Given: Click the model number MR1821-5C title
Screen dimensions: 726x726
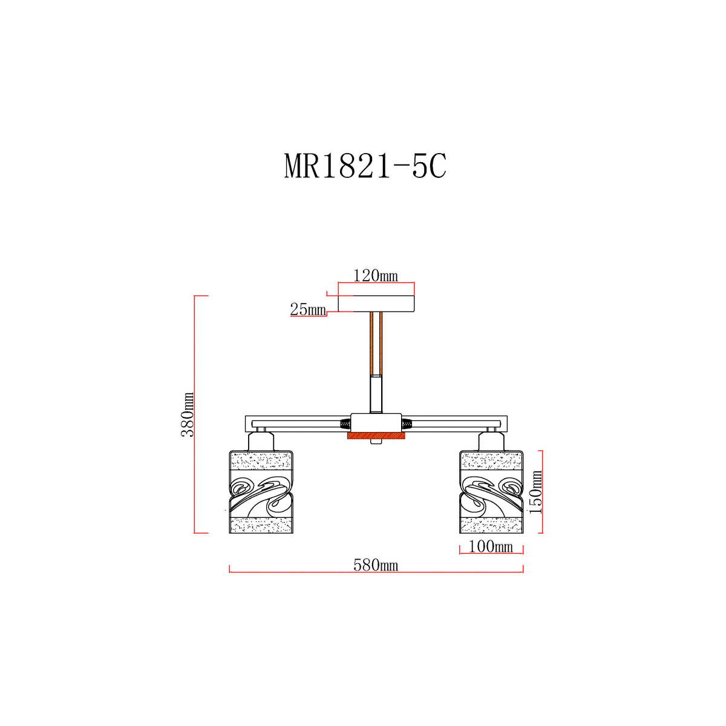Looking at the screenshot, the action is (x=365, y=166).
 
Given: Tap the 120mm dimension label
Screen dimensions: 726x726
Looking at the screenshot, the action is (x=376, y=276).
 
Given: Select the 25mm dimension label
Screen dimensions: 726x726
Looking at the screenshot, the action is (x=308, y=309).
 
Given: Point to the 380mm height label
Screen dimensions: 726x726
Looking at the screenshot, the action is (x=187, y=414).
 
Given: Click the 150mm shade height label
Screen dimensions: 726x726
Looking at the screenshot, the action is (x=535, y=492).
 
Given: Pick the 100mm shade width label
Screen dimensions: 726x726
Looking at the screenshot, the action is (x=491, y=546).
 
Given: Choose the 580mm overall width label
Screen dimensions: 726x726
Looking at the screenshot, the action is (x=376, y=565).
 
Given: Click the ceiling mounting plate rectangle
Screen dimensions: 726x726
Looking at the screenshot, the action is (x=376, y=304).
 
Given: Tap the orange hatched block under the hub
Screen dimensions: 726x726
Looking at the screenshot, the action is (x=376, y=436).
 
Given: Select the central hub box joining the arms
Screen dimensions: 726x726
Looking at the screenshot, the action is (x=376, y=423).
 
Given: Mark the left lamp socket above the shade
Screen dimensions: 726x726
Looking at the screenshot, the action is (x=261, y=441).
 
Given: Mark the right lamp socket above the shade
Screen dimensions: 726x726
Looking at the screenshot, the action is (x=491, y=441).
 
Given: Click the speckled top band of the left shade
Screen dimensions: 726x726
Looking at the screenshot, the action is (x=261, y=460).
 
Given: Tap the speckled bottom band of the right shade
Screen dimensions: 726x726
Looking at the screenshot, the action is (x=491, y=525).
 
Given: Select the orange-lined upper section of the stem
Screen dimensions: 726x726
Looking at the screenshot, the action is (x=376, y=344).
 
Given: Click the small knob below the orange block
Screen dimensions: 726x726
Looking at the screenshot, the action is (x=376, y=442).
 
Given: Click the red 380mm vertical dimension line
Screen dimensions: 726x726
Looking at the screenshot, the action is (x=194, y=414).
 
